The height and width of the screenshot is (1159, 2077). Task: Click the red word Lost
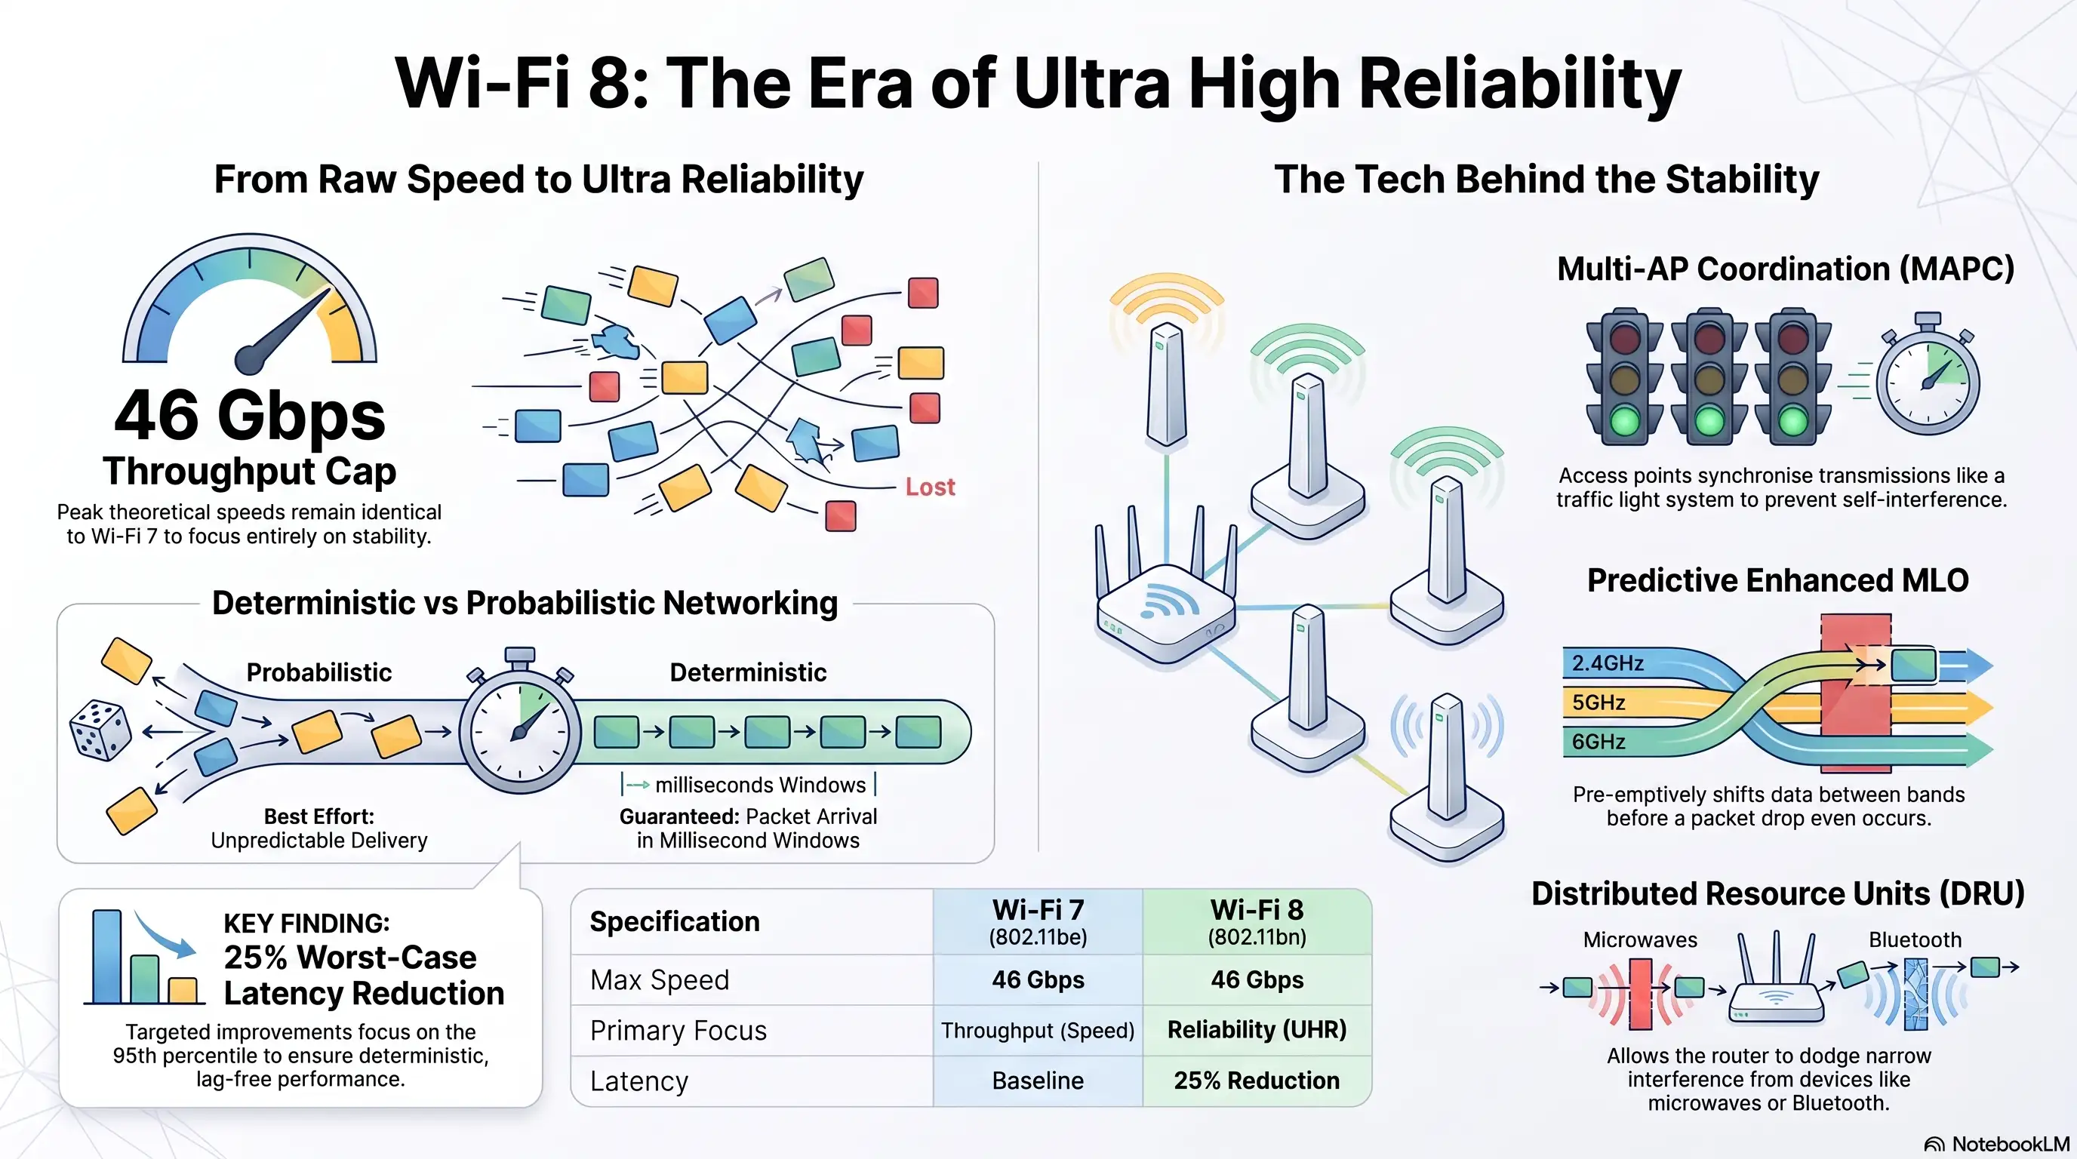pyautogui.click(x=930, y=487)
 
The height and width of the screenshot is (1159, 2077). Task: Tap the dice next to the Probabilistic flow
pyautogui.click(x=101, y=730)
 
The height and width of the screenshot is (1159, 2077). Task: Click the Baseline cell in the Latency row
pyautogui.click(x=1038, y=1080)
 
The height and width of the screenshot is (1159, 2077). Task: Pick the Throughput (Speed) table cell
pyautogui.click(x=1038, y=1030)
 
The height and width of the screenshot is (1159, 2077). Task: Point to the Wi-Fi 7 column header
pyautogui.click(x=1038, y=921)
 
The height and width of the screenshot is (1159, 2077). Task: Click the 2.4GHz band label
pyautogui.click(x=1607, y=663)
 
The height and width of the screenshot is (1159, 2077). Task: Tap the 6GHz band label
pyautogui.click(x=1598, y=742)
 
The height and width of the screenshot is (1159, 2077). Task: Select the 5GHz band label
pyautogui.click(x=1598, y=702)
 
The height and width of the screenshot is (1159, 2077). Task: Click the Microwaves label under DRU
pyautogui.click(x=1640, y=939)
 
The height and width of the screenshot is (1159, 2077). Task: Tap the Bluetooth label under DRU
pyautogui.click(x=1915, y=939)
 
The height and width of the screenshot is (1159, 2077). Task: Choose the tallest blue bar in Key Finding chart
pyautogui.click(x=106, y=957)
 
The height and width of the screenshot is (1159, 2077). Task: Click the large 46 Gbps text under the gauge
pyautogui.click(x=250, y=415)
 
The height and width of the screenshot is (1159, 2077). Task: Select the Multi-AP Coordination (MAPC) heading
pyautogui.click(x=1785, y=269)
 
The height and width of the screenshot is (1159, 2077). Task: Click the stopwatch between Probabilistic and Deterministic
pyautogui.click(x=520, y=721)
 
